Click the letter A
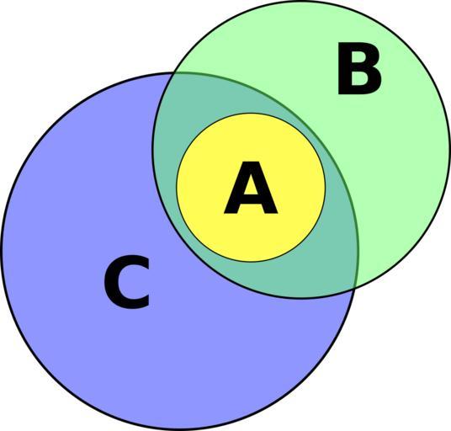(251, 188)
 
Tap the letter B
(359, 68)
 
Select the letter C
(127, 282)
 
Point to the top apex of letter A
(251, 162)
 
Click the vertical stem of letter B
(345, 68)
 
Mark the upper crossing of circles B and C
(173, 72)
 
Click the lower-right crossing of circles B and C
(354, 288)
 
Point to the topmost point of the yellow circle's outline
(251, 114)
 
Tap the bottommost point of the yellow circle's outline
(251, 262)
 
